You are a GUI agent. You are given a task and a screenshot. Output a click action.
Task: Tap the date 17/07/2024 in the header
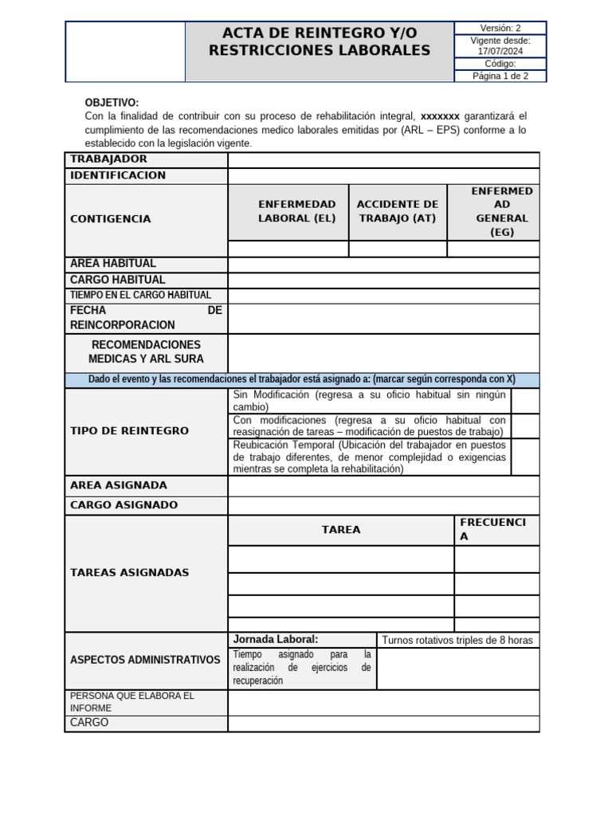pos(500,51)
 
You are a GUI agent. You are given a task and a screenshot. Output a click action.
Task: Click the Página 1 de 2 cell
pos(500,76)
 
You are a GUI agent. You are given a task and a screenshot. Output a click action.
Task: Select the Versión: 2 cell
pos(500,28)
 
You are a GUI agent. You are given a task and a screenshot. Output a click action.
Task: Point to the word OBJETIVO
pos(112,103)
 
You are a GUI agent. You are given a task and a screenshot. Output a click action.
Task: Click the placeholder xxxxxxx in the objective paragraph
pos(440,116)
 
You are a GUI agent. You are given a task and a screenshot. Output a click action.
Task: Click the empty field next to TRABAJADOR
pos(383,160)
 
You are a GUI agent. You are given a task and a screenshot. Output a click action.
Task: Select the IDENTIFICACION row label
pos(118,175)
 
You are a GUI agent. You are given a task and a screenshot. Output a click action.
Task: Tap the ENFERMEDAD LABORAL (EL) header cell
pos(288,211)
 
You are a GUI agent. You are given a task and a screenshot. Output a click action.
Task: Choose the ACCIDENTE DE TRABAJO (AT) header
pos(398,211)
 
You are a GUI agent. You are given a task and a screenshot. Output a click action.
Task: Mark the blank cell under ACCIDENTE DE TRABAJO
pos(398,249)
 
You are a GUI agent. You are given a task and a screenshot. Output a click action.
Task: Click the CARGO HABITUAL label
pos(118,280)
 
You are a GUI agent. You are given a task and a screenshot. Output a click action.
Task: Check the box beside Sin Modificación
pos(524,401)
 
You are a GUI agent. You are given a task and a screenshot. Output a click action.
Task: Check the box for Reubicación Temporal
pos(524,457)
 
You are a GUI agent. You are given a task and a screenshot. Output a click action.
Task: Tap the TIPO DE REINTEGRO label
pos(130,431)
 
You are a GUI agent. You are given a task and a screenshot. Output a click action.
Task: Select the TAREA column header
pos(341,530)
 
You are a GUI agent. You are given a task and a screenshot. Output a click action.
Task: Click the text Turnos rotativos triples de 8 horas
pos(457,641)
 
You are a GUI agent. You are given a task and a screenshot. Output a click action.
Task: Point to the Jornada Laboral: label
pos(275,639)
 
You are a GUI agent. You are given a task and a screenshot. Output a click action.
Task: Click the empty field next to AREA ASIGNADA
pos(383,485)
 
